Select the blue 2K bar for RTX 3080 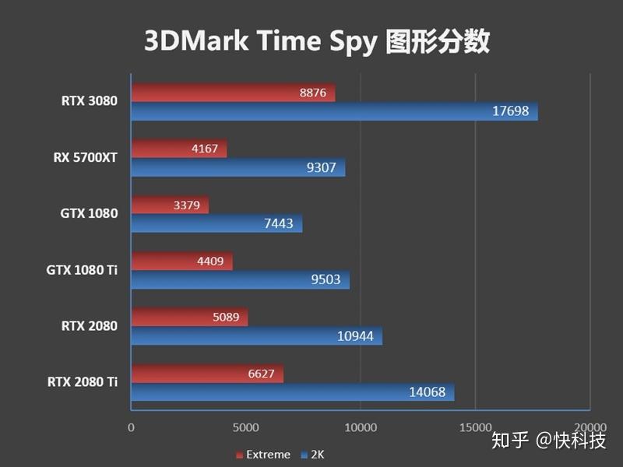tap(334, 111)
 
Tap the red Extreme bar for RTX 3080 tap(233, 93)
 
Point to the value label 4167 tap(203, 149)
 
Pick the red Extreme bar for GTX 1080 tap(170, 205)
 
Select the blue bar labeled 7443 tap(216, 224)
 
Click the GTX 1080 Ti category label tap(82, 269)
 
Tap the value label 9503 tap(326, 279)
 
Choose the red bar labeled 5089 tap(189, 318)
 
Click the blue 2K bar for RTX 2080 tap(256, 336)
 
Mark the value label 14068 tap(427, 392)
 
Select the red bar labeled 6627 tap(207, 374)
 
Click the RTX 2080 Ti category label tap(83, 381)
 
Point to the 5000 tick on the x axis tap(245, 427)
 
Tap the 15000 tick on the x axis tap(475, 427)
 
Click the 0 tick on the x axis tap(131, 427)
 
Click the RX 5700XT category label tap(85, 157)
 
